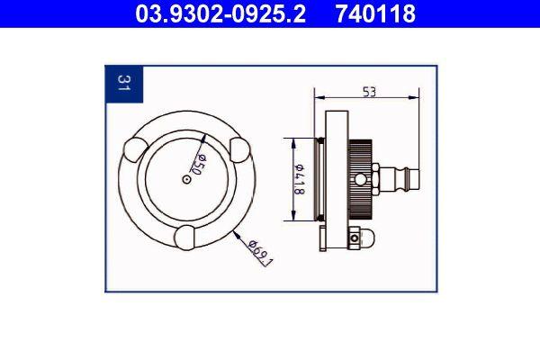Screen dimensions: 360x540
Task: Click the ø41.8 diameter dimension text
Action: (x=300, y=179)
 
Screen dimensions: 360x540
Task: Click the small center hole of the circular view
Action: (x=185, y=179)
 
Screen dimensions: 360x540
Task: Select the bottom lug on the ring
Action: (x=185, y=238)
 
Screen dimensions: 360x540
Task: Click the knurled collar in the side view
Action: (x=363, y=179)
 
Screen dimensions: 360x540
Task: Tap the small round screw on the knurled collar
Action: (x=362, y=179)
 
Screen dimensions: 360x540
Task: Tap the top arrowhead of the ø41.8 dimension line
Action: (x=290, y=140)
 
